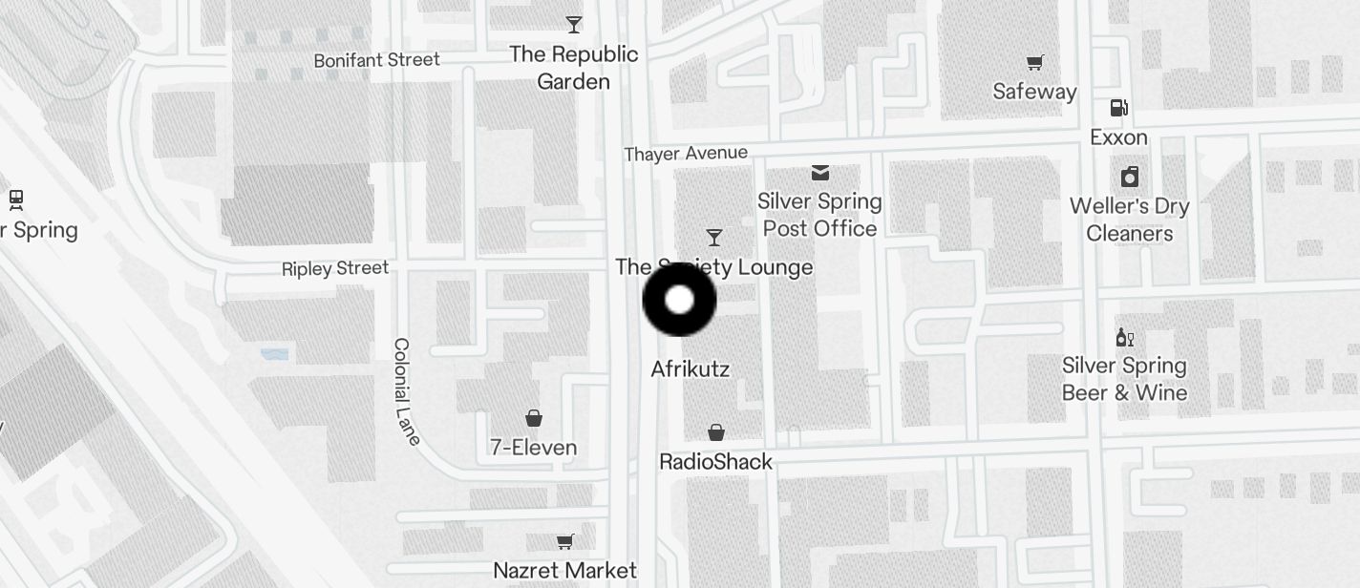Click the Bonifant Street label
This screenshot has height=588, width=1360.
click(376, 60)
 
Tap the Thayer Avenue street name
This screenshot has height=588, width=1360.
click(686, 153)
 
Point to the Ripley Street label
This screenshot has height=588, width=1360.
click(335, 268)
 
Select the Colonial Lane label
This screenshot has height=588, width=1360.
click(406, 391)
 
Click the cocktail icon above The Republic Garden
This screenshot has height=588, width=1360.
click(573, 24)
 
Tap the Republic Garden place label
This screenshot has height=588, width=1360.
click(573, 68)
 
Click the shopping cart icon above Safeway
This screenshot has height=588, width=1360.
click(1034, 63)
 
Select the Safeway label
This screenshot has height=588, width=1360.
click(1034, 92)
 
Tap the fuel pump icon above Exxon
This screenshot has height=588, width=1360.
click(1118, 108)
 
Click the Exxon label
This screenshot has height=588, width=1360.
click(1118, 137)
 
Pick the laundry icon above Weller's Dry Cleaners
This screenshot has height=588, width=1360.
click(1129, 177)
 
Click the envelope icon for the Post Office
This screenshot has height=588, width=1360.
click(819, 173)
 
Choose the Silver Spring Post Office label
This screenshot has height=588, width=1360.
click(819, 215)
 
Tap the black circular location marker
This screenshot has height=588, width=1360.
click(679, 300)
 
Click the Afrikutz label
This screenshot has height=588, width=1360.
click(690, 368)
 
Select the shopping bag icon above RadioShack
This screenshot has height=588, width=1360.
click(715, 433)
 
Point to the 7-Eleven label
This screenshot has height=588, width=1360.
click(533, 447)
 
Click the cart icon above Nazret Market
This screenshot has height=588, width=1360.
click(564, 542)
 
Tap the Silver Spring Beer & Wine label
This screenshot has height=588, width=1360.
click(1124, 379)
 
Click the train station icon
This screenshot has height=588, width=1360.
click(15, 199)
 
